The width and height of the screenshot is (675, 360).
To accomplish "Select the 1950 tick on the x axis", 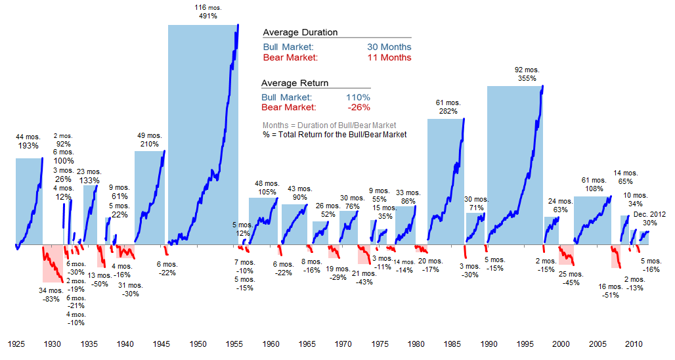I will (198, 344).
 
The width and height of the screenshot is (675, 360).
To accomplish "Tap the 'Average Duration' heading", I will (300, 32).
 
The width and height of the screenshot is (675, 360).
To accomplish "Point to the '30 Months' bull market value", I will (389, 47).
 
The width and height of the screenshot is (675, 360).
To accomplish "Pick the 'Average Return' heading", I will (295, 83).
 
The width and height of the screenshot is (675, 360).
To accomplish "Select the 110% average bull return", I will (357, 97).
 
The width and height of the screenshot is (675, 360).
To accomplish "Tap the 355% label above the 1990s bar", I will (526, 78).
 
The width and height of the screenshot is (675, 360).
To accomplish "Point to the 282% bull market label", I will (448, 112).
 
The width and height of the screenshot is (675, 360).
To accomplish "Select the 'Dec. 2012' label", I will (649, 214).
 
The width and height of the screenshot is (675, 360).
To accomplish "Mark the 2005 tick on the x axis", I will (597, 344).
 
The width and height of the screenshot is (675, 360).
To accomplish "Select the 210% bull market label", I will (150, 144).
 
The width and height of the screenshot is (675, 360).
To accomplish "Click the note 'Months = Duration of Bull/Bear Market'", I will (329, 125).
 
